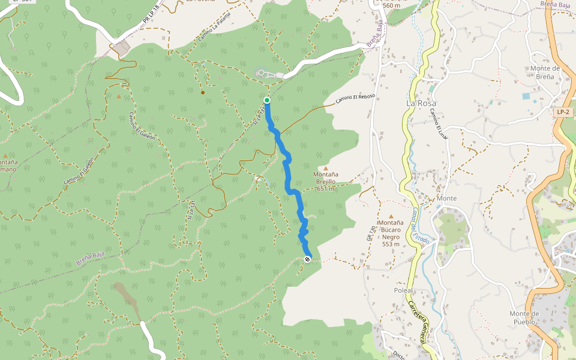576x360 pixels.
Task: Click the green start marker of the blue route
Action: (x=266, y=100)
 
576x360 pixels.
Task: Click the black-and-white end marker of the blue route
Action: (x=308, y=259)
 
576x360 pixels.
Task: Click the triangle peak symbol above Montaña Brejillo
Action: (x=326, y=169)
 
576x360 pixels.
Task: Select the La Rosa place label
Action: (x=421, y=103)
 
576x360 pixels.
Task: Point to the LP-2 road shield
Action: (x=563, y=112)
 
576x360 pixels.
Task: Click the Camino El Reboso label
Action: (x=355, y=99)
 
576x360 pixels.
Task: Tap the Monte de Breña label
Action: (x=545, y=72)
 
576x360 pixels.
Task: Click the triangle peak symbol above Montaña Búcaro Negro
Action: (x=391, y=216)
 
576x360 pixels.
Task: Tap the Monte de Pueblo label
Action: (x=524, y=317)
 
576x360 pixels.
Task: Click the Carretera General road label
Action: (x=419, y=321)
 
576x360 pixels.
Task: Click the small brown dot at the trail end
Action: (x=203, y=92)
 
